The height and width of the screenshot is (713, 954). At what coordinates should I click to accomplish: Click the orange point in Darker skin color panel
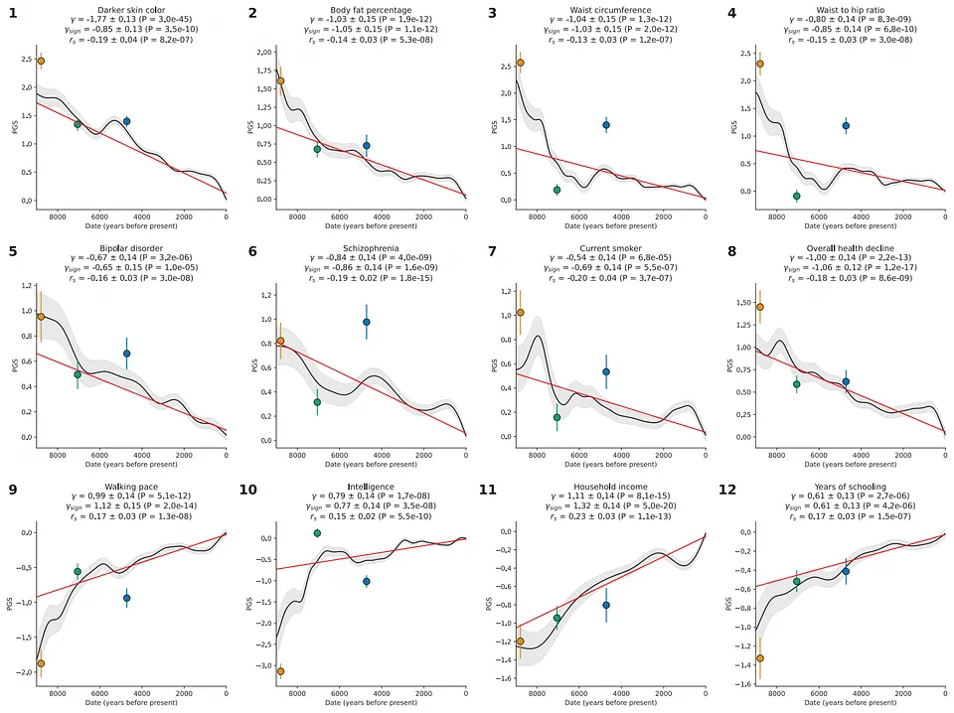[x=41, y=61]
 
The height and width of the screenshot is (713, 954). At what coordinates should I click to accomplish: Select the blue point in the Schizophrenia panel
[x=367, y=322]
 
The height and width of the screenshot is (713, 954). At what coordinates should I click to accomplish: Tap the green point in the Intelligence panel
[x=317, y=533]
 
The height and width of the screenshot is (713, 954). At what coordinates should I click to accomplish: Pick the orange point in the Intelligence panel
[x=280, y=671]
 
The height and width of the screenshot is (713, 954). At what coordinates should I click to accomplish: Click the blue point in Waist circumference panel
[x=606, y=125]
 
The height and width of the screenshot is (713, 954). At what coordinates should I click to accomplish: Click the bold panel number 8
[x=732, y=252]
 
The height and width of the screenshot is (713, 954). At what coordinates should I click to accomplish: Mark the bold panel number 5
[x=14, y=252]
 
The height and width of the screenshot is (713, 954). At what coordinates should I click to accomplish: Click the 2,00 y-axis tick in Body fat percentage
[x=264, y=52]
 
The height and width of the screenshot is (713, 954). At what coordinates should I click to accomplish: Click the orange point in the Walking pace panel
[x=41, y=663]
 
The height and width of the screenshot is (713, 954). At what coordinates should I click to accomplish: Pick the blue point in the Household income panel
[x=606, y=605]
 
